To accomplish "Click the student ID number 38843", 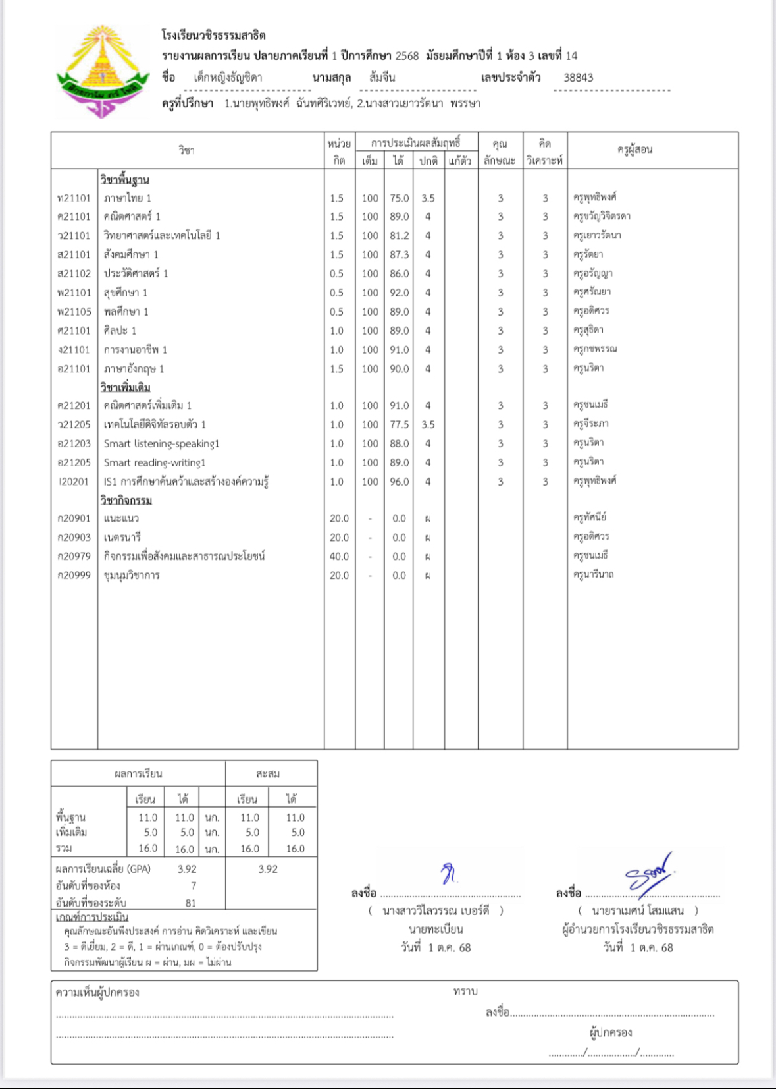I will (578, 78).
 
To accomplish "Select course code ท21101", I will (74, 198).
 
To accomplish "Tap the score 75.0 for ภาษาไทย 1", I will (399, 198).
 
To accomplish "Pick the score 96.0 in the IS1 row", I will (399, 482).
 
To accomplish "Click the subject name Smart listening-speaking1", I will (161, 443).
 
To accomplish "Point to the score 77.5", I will (399, 424).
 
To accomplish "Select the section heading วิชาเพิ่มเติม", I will (125, 387).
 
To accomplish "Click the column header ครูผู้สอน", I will (634, 150).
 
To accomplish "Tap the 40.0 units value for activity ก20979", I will (339, 556).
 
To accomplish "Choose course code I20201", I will (74, 482).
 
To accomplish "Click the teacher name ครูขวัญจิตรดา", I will (602, 216).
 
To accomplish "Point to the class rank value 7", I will (194, 886).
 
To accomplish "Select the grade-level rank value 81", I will (190, 903).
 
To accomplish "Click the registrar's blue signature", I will (450, 874).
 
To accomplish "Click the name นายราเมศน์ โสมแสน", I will (637, 910).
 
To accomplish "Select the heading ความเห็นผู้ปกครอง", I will (97, 992).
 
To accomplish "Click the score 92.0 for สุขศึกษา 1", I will (399, 293).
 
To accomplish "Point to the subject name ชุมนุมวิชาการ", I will (132, 575).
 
